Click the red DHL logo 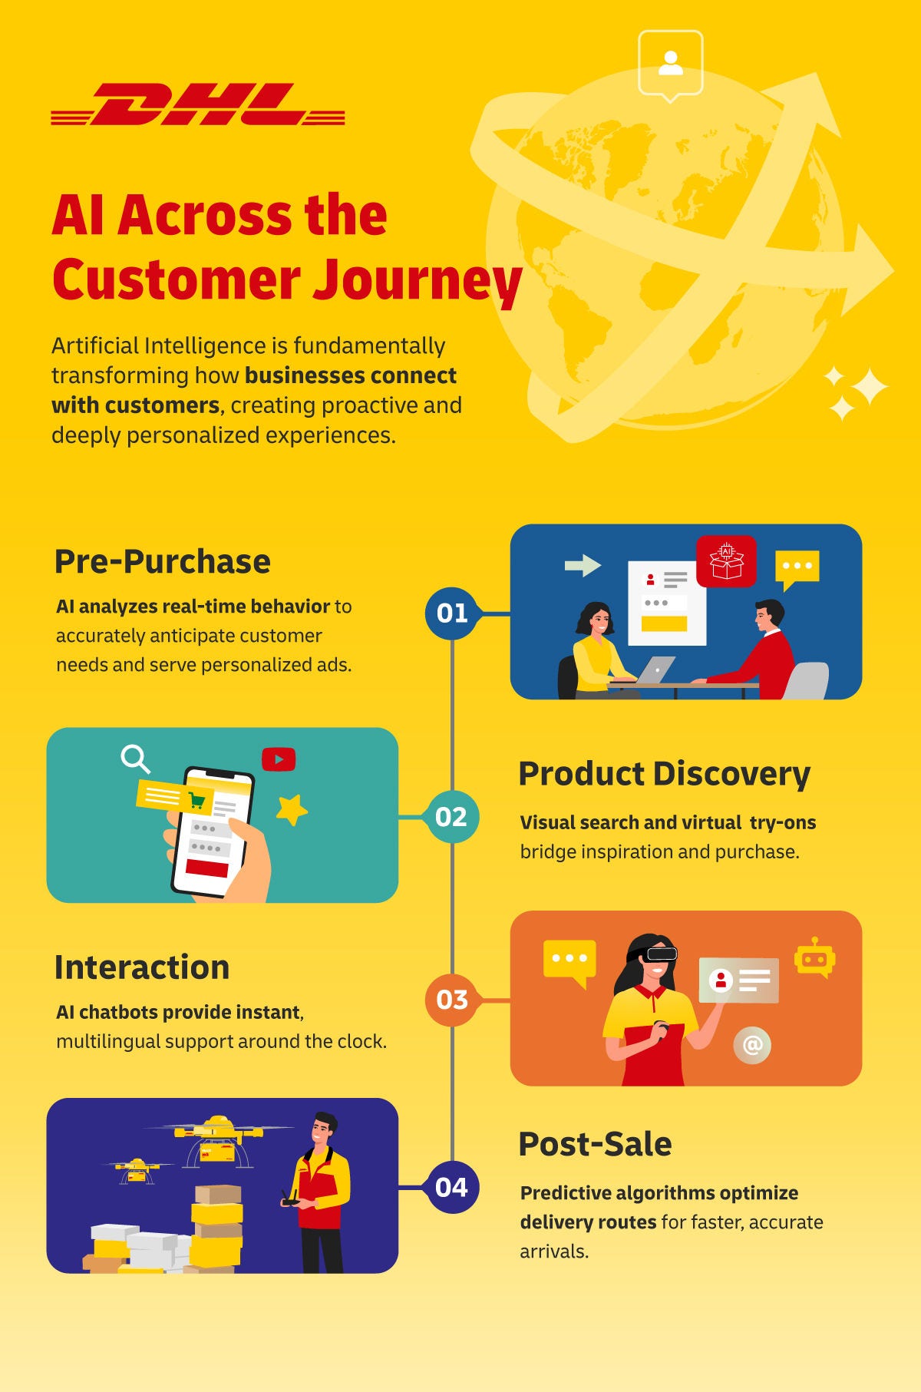click(x=197, y=104)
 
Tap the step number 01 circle click(x=452, y=613)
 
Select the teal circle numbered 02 click(x=451, y=816)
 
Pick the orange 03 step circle click(x=452, y=1000)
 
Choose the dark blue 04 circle click(x=451, y=1187)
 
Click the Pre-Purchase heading click(x=162, y=562)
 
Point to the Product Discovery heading click(x=664, y=774)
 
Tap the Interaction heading click(x=142, y=967)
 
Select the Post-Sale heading click(x=595, y=1144)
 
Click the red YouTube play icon click(x=279, y=759)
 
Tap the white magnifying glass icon click(x=135, y=759)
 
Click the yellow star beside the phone click(x=292, y=809)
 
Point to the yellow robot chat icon click(x=814, y=958)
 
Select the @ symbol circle click(x=752, y=1045)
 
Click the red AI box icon click(x=726, y=561)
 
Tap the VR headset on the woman click(x=659, y=954)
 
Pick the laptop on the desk click(x=655, y=670)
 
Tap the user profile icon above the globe click(x=671, y=63)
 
